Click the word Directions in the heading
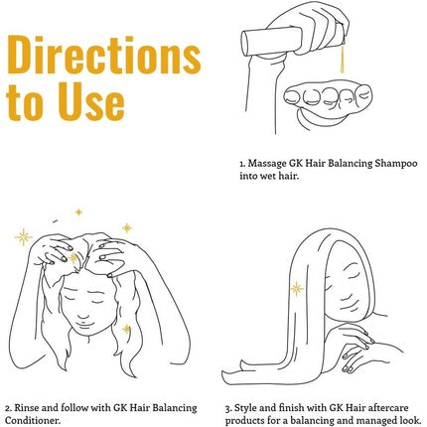pos(104,55)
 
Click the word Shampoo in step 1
pos(396,164)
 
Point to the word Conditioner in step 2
pos(33,421)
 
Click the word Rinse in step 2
pos(27,408)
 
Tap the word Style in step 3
pos(245,408)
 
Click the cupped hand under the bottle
pos(328,103)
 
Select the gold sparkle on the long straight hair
pos(297,289)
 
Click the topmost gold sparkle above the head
pos(78,212)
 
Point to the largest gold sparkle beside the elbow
pos(23,237)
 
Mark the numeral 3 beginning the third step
pos(227,409)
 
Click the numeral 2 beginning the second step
pos(8,408)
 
